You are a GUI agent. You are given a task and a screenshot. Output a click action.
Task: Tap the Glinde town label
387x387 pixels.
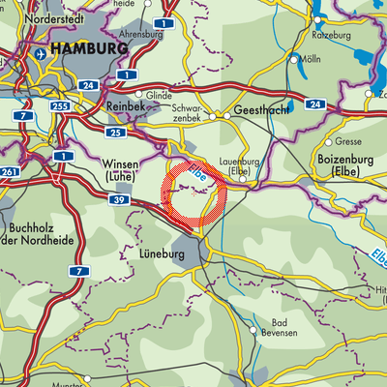click(x=159, y=95)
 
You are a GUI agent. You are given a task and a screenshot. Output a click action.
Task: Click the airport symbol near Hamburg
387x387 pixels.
click(x=42, y=56)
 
